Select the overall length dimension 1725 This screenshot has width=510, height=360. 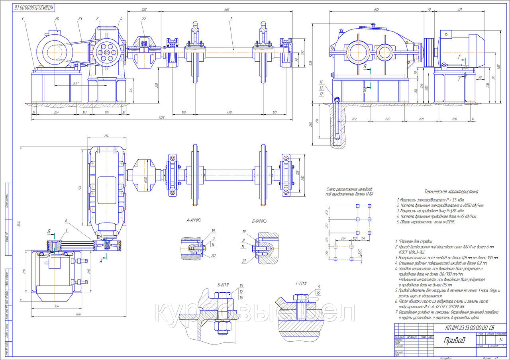click(x=161, y=118)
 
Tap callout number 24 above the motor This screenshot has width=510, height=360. click(x=57, y=19)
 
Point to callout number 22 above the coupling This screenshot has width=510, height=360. click(x=144, y=19)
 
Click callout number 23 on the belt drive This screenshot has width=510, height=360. click(x=80, y=19)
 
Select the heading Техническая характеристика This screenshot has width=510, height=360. click(x=451, y=192)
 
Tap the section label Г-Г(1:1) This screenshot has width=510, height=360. click(x=301, y=283)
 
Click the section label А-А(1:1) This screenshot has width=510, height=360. click(x=194, y=220)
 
